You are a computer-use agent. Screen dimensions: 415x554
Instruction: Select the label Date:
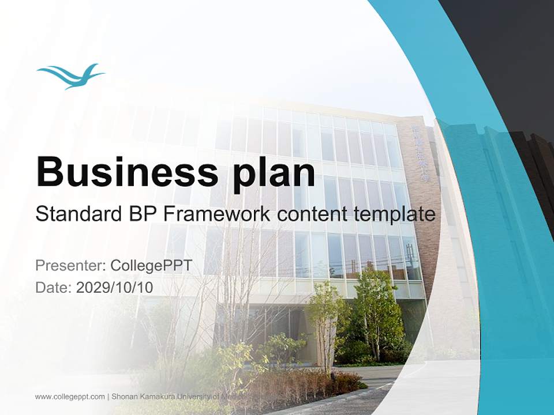tap(54, 287)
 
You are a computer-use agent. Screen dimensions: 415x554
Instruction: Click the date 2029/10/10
tap(115, 287)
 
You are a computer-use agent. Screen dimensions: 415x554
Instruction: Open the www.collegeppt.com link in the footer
tap(70, 397)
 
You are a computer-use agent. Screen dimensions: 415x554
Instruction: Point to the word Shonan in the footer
tap(124, 397)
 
